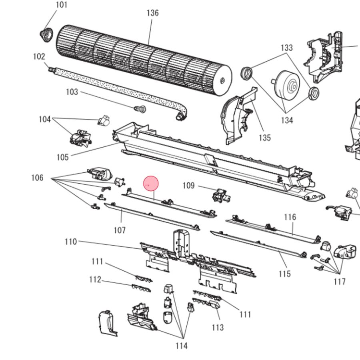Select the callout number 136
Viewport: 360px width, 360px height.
pyautogui.click(x=152, y=13)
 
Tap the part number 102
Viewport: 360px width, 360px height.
pyautogui.click(x=39, y=57)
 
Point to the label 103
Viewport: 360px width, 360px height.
pyautogui.click(x=72, y=92)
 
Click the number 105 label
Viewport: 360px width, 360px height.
pyautogui.click(x=63, y=157)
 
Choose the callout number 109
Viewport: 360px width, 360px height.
pyautogui.click(x=188, y=186)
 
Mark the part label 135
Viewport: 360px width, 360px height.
pyautogui.click(x=264, y=138)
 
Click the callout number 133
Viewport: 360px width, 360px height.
pyautogui.click(x=287, y=48)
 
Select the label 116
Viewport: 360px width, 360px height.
pyautogui.click(x=290, y=217)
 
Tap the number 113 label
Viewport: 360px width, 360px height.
pyautogui.click(x=218, y=328)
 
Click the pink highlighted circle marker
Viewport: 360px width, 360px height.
pyautogui.click(x=152, y=184)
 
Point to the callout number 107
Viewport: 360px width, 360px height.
pyautogui.click(x=120, y=230)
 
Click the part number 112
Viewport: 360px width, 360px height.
pyautogui.click(x=95, y=280)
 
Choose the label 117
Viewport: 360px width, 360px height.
pyautogui.click(x=339, y=282)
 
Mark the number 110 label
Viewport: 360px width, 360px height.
pyautogui.click(x=71, y=242)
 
